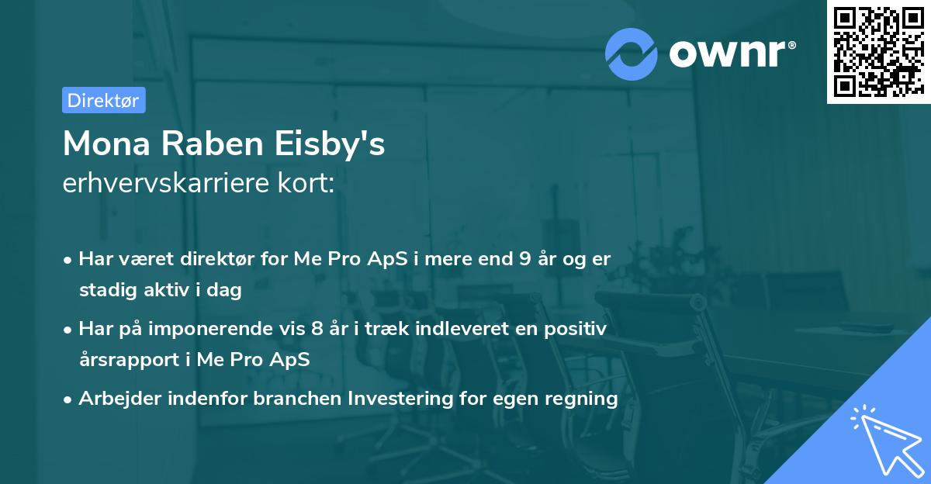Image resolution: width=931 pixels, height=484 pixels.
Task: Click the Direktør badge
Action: [103, 100]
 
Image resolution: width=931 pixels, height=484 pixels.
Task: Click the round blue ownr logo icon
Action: [632, 53]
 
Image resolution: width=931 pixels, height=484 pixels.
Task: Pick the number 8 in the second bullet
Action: [317, 329]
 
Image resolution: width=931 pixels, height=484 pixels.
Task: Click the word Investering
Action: [400, 399]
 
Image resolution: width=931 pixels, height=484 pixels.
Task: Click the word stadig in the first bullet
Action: [102, 290]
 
